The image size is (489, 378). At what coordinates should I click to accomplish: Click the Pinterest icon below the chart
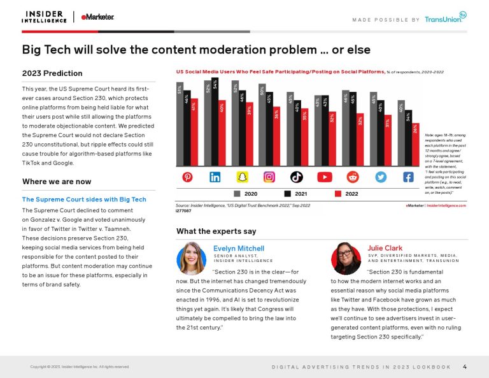pyautogui.click(x=187, y=177)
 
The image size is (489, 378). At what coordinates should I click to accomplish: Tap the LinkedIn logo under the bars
pyautogui.click(x=215, y=177)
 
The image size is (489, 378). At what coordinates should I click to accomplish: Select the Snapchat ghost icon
pyautogui.click(x=243, y=177)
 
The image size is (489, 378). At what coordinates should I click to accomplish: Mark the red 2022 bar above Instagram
pyautogui.click(x=276, y=136)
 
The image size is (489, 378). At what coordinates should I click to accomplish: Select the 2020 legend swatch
pyautogui.click(x=237, y=193)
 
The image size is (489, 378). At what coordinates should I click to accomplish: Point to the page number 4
pyautogui.click(x=465, y=367)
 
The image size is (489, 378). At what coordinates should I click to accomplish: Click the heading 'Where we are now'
pyautogui.click(x=56, y=182)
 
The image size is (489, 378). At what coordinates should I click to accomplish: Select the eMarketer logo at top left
pyautogui.click(x=97, y=17)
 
